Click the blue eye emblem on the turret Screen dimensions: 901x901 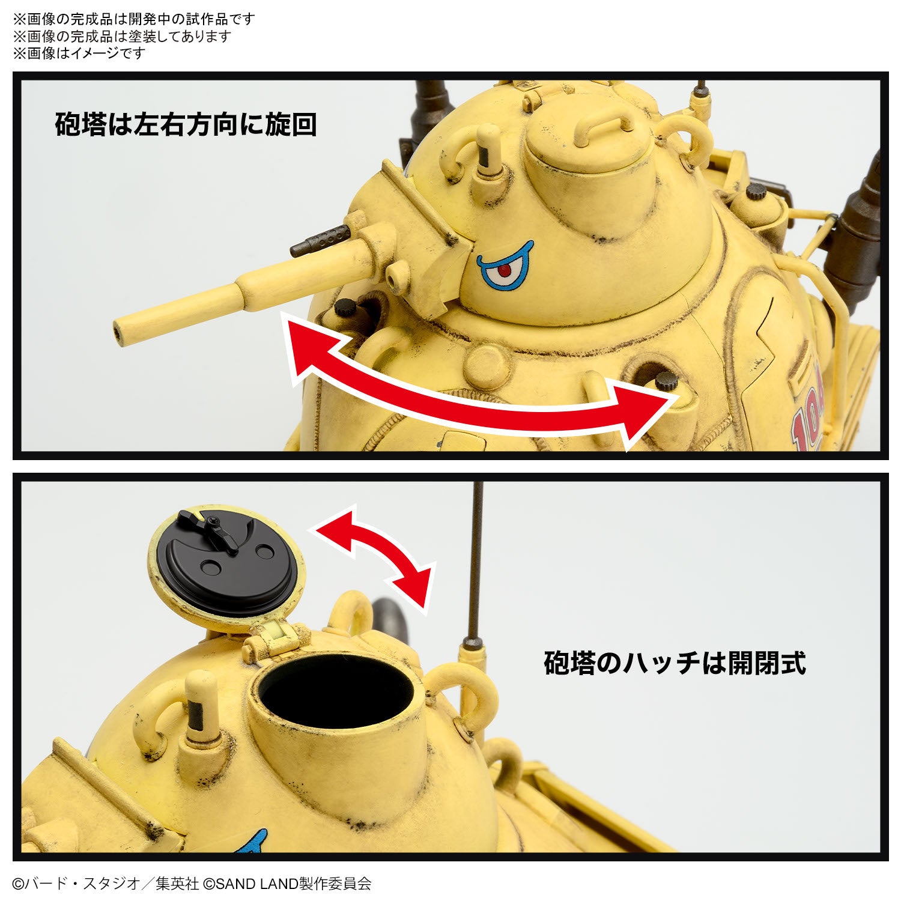coord(505,267)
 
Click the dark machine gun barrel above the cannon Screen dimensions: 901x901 coord(320,240)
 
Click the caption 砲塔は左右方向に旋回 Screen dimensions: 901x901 coord(186,124)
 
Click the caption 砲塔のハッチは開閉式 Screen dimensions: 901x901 coord(674,663)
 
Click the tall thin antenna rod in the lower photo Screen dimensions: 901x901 coord(477,559)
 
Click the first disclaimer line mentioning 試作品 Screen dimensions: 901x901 coord(134,19)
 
